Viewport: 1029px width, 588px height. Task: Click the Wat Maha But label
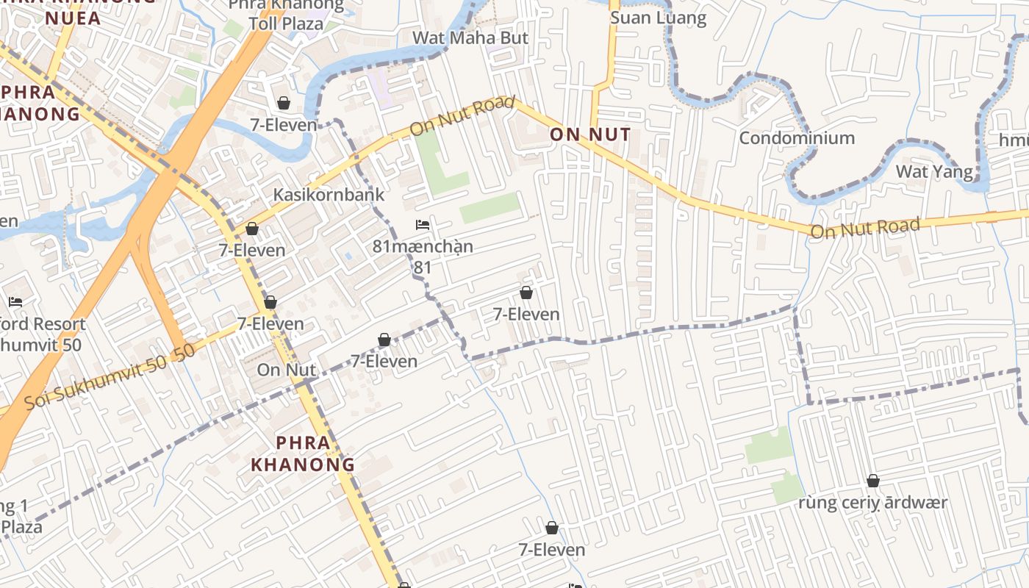click(x=470, y=37)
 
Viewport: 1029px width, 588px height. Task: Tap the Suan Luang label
click(x=658, y=18)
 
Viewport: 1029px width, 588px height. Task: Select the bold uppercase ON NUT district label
click(x=590, y=135)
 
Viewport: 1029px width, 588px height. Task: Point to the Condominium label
click(x=797, y=138)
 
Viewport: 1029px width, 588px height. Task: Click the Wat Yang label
click(x=934, y=172)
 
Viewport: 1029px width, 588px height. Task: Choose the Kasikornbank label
click(x=329, y=195)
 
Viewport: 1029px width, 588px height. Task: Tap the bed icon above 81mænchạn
click(x=423, y=224)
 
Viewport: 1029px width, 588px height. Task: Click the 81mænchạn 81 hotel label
click(x=423, y=256)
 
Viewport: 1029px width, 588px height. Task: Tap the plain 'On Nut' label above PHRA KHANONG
click(x=286, y=370)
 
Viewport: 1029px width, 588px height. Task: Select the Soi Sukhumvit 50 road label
click(x=110, y=376)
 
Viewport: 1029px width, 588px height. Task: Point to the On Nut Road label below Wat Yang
click(x=864, y=228)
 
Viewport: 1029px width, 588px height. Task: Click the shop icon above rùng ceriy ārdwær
click(x=873, y=481)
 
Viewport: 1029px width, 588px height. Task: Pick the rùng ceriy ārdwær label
click(x=873, y=503)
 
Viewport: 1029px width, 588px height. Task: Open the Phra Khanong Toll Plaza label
click(x=286, y=14)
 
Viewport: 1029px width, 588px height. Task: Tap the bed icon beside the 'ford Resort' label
click(x=15, y=301)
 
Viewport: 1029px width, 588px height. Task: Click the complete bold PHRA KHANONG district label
click(x=303, y=453)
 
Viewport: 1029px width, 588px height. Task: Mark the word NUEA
click(x=73, y=18)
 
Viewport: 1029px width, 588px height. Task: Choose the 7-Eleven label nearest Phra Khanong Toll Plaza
click(x=284, y=125)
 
